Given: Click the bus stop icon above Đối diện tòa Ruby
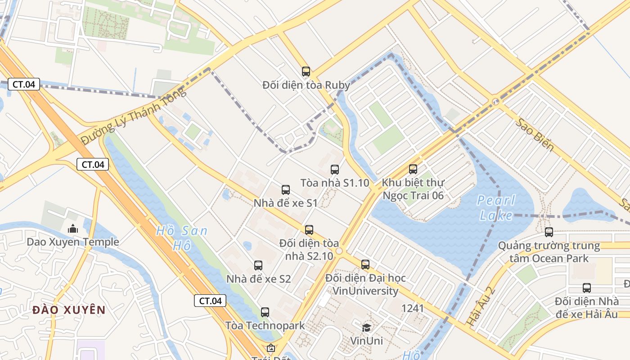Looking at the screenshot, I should pyautogui.click(x=306, y=71).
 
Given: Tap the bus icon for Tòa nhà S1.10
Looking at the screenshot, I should pyautogui.click(x=335, y=170).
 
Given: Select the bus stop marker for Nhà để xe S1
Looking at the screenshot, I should pyautogui.click(x=286, y=190).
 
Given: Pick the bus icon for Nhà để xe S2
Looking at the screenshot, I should pyautogui.click(x=258, y=265).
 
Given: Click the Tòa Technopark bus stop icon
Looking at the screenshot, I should pyautogui.click(x=265, y=312).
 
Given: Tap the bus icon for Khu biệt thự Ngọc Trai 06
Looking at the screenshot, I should pyautogui.click(x=413, y=169).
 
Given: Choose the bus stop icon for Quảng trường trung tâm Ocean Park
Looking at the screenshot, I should pyautogui.click(x=549, y=232).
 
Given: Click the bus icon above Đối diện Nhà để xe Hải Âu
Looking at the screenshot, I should pyautogui.click(x=587, y=288).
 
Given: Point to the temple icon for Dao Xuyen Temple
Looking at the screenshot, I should pyautogui.click(x=73, y=229).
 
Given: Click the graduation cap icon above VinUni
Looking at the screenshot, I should pyautogui.click(x=367, y=328).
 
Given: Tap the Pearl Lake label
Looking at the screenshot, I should pyautogui.click(x=496, y=208).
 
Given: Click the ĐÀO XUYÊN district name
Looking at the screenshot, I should pyautogui.click(x=69, y=310).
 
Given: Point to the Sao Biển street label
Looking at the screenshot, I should pyautogui.click(x=535, y=135).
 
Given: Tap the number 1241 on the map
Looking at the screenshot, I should pyautogui.click(x=413, y=308).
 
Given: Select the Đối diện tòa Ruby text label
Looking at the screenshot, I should pyautogui.click(x=306, y=85).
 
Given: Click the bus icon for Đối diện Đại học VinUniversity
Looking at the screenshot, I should pyautogui.click(x=365, y=265).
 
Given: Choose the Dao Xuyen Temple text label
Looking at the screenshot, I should pyautogui.click(x=73, y=242).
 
